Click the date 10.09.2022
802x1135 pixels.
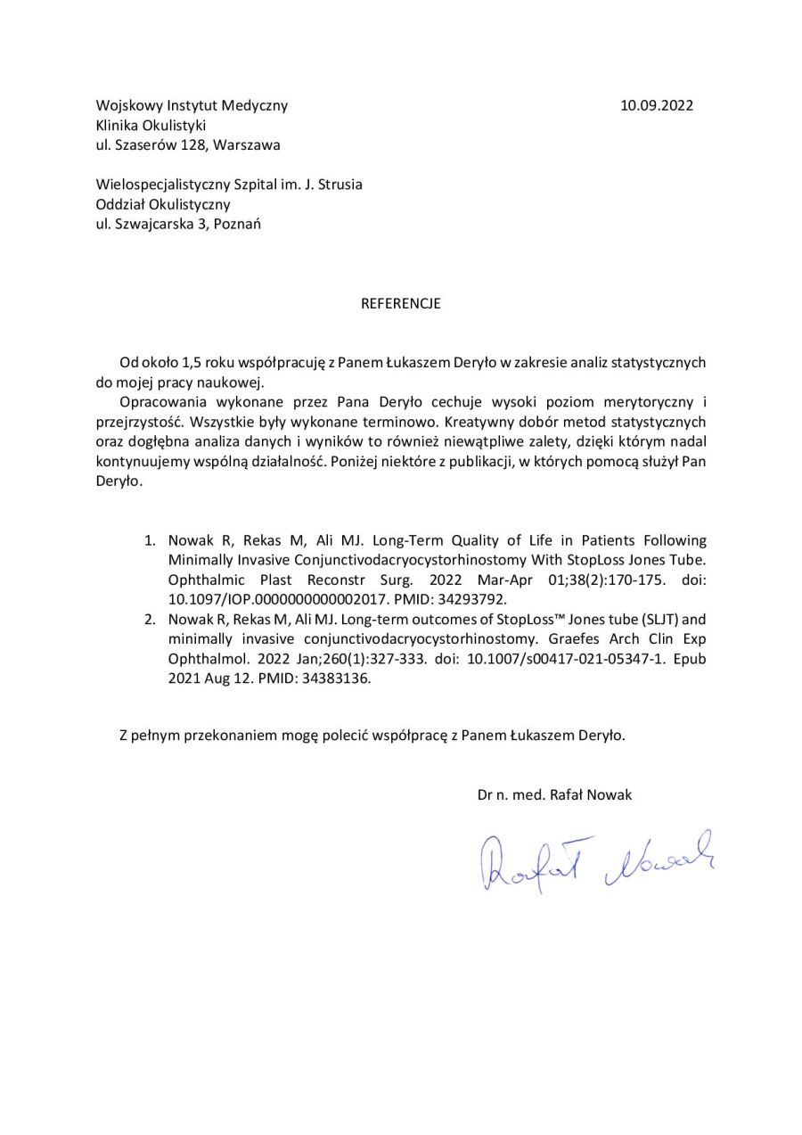click(x=656, y=105)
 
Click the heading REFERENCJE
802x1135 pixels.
click(x=400, y=303)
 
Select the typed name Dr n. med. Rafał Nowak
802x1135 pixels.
click(x=554, y=794)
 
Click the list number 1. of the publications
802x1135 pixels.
click(x=151, y=540)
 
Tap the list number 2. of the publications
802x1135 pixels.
click(x=151, y=619)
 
